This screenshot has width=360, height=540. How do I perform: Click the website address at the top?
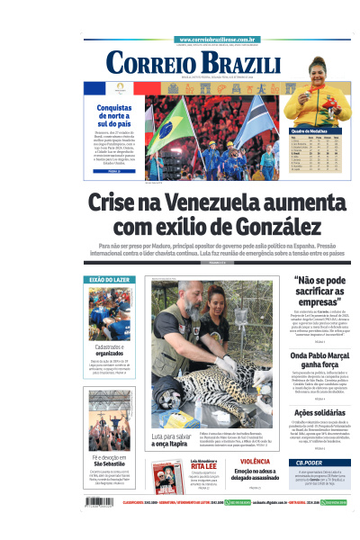219,40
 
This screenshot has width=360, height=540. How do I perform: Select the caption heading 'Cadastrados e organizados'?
109,351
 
